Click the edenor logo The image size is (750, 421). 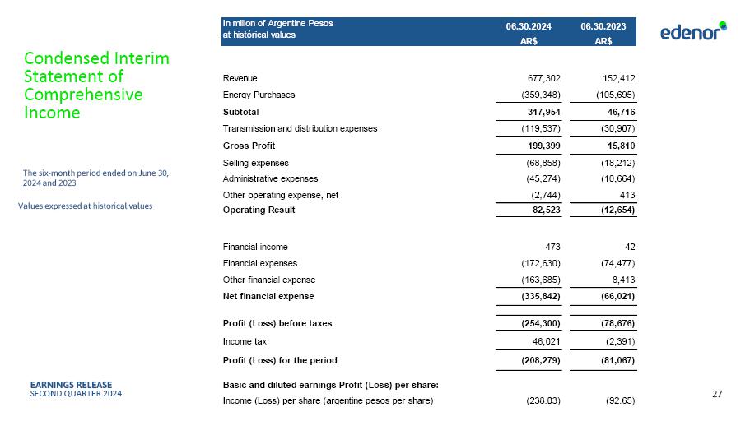pos(693,31)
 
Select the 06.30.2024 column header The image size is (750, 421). pos(529,27)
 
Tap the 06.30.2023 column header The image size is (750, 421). pos(603,27)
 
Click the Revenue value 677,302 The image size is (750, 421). pos(542,78)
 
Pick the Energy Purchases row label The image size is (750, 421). pos(259,95)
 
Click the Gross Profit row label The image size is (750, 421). pos(249,146)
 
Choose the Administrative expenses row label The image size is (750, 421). pos(270,178)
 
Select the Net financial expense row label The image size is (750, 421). pos(268,296)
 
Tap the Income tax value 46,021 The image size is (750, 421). pos(544,341)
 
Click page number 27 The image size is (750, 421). pos(716,395)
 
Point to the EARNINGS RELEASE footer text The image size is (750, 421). pos(71,384)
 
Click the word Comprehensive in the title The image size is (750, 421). pos(84,95)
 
